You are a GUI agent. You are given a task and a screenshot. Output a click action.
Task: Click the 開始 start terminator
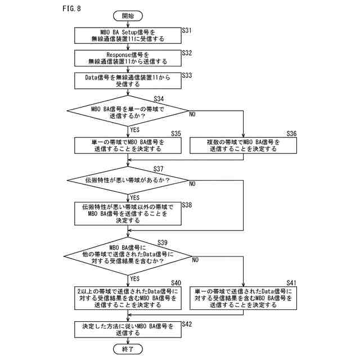(128, 16)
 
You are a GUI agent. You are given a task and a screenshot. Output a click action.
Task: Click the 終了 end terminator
(128, 349)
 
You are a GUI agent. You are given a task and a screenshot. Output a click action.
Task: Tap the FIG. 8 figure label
(71, 8)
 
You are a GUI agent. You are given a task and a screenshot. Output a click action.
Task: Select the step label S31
(187, 30)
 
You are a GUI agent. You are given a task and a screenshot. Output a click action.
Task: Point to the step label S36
(291, 133)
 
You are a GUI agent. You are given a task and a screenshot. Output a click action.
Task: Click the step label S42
(187, 324)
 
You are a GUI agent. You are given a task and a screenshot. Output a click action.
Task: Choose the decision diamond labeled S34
(128, 111)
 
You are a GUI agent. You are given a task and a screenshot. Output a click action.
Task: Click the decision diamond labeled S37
(128, 181)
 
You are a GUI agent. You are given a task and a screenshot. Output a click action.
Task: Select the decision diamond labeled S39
(128, 256)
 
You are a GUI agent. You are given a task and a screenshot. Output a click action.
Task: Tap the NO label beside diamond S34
(192, 114)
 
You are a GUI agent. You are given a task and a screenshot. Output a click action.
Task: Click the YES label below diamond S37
(135, 197)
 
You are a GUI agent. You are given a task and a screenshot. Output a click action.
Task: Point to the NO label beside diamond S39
(195, 260)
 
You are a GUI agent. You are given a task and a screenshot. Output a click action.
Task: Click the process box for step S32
(128, 58)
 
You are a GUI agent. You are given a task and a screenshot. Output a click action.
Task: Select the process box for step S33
(128, 81)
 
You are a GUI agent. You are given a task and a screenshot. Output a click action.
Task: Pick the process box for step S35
(128, 146)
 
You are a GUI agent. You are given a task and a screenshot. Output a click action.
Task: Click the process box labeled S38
(128, 214)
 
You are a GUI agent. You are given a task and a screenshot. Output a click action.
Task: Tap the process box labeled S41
(243, 298)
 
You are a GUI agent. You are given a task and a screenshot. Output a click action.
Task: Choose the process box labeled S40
(128, 298)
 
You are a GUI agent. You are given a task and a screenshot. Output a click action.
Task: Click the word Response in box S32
(119, 55)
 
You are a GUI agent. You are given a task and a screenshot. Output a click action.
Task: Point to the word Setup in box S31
(129, 33)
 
